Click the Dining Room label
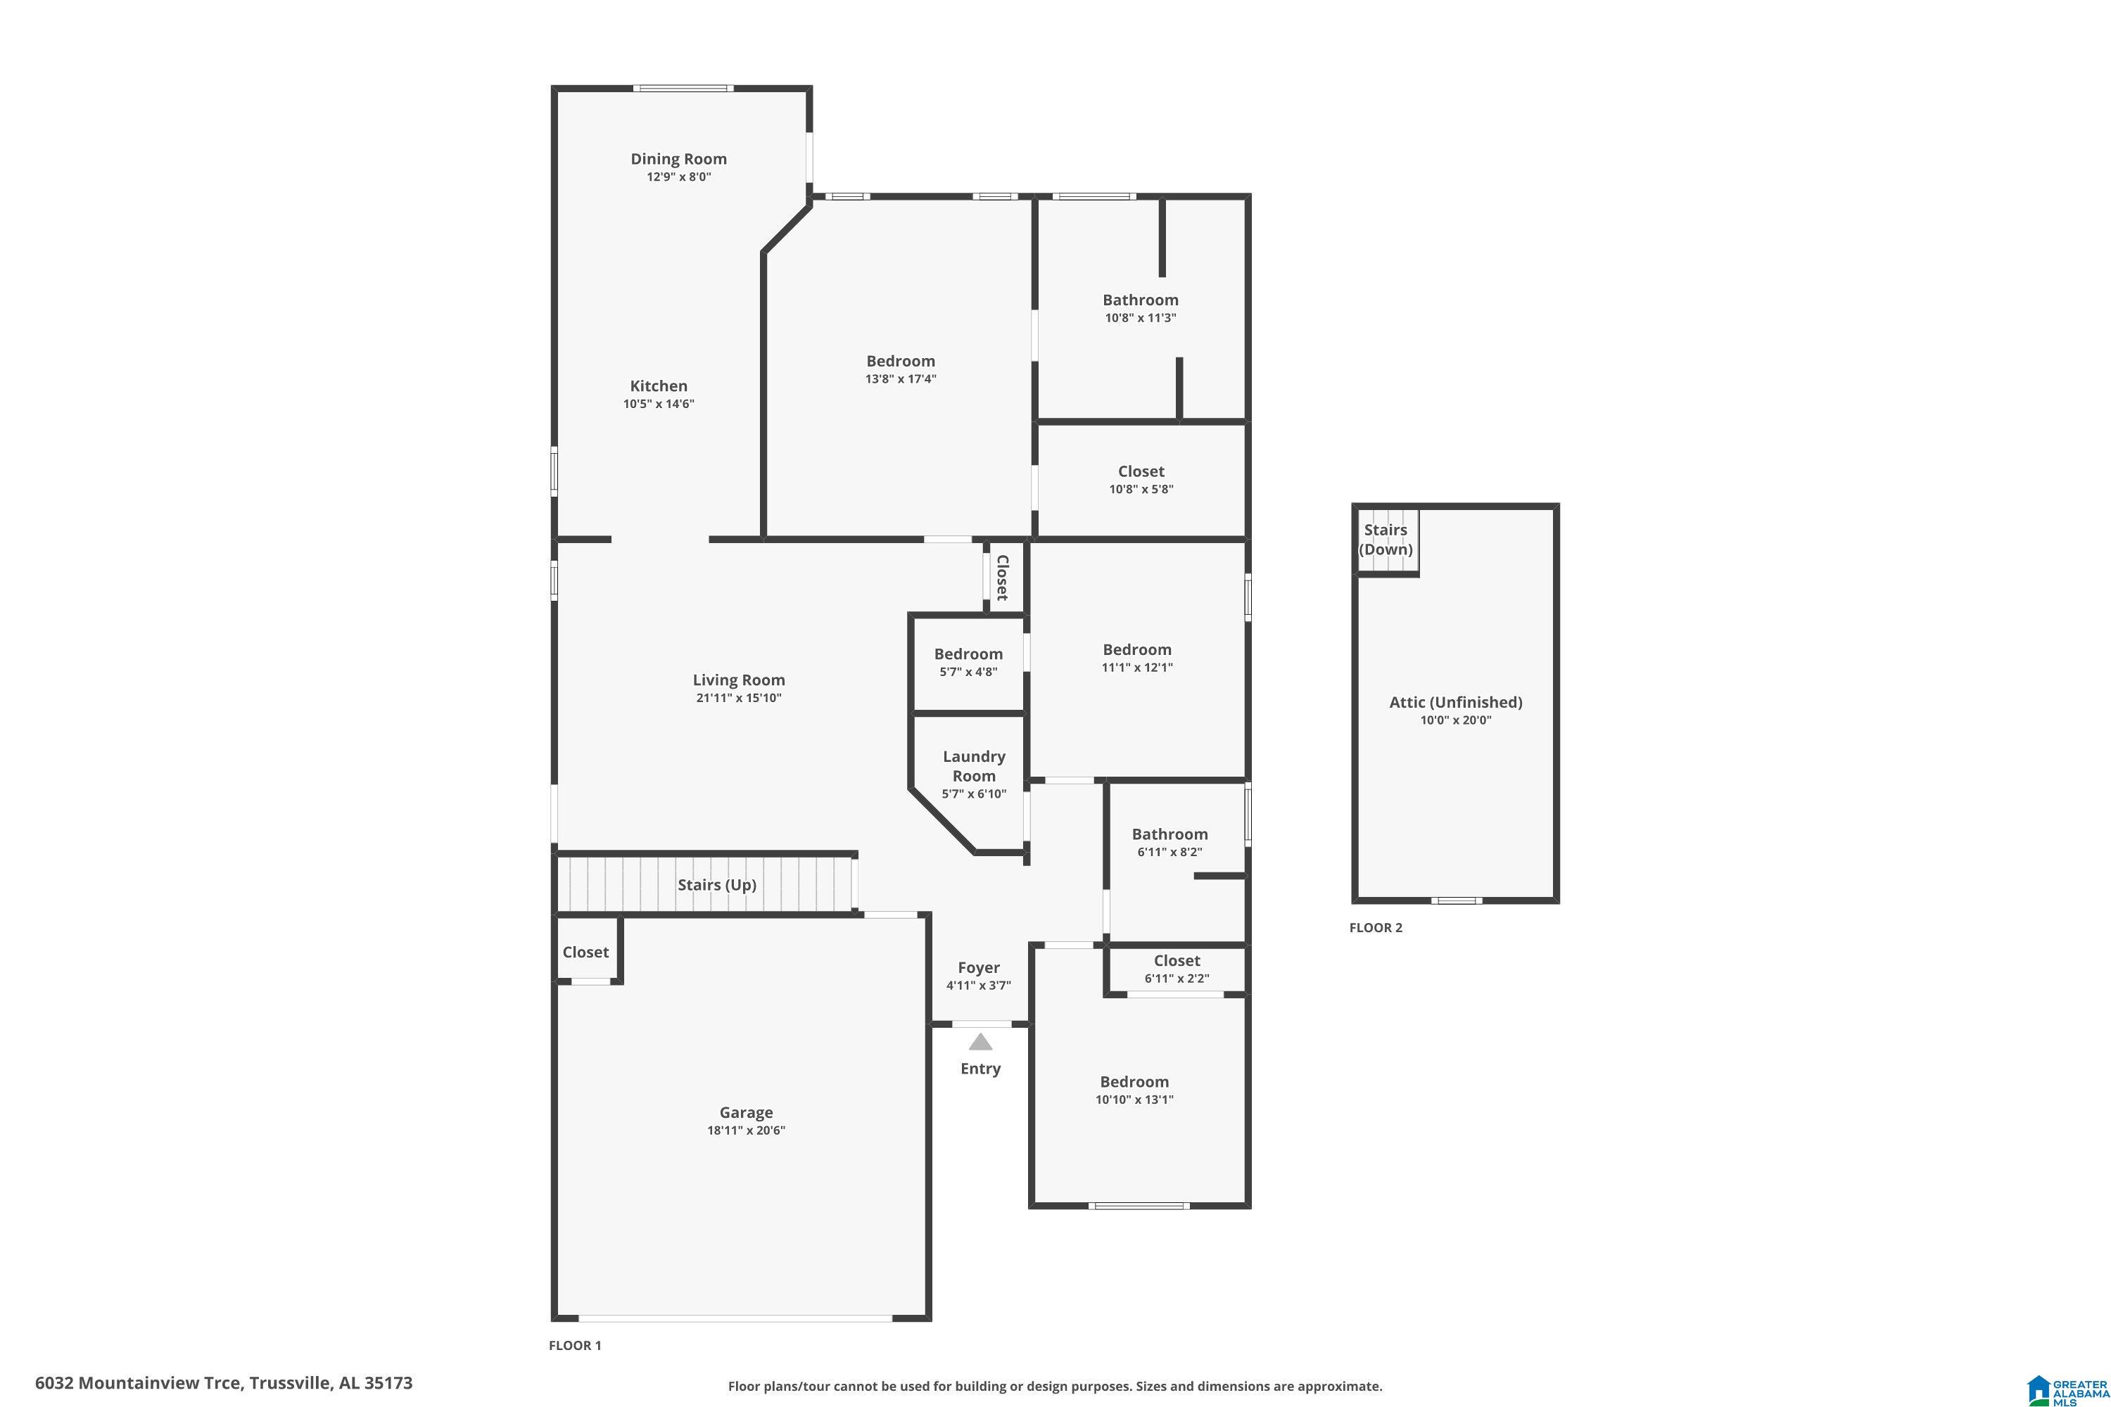pyautogui.click(x=678, y=159)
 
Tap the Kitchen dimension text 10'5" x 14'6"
pyautogui.click(x=659, y=404)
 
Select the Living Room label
pyautogui.click(x=739, y=680)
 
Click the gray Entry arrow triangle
pyautogui.click(x=980, y=1042)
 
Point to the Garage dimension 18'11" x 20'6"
pyautogui.click(x=746, y=1131)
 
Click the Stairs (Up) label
pyautogui.click(x=716, y=885)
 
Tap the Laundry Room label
pyautogui.click(x=974, y=766)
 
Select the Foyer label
pyautogui.click(x=978, y=967)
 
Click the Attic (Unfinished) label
pyautogui.click(x=1455, y=703)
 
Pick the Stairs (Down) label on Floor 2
pyautogui.click(x=1385, y=540)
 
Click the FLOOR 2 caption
pyautogui.click(x=1375, y=928)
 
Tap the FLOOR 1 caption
pyautogui.click(x=574, y=1345)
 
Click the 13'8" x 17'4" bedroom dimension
pyautogui.click(x=900, y=378)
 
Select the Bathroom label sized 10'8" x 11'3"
pyautogui.click(x=1140, y=300)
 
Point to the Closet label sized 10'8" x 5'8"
pyautogui.click(x=1141, y=471)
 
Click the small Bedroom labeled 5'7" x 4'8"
pyautogui.click(x=968, y=654)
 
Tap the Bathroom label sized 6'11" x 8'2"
pyautogui.click(x=1169, y=834)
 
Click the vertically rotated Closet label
pyautogui.click(x=1003, y=578)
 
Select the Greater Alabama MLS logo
pyautogui.click(x=2066, y=1387)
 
